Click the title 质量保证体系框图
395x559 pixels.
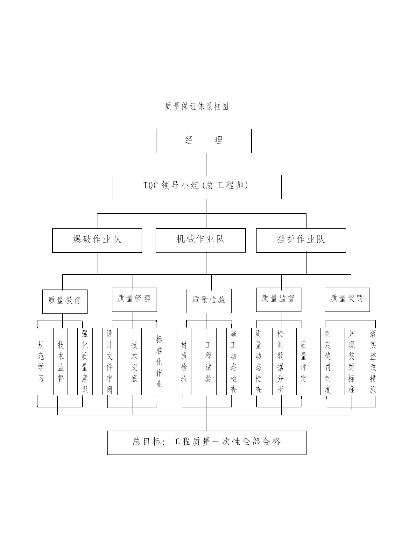click(197, 106)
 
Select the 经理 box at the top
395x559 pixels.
click(204, 141)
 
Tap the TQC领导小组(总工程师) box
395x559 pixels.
click(197, 187)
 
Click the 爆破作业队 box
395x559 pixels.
click(97, 240)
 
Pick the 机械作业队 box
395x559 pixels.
click(201, 240)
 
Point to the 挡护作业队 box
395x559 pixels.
click(301, 240)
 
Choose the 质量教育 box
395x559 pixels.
click(65, 302)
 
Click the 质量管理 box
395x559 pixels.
click(134, 300)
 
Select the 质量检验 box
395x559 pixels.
click(209, 301)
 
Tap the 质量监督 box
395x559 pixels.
click(279, 300)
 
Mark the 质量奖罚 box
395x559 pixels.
click(347, 300)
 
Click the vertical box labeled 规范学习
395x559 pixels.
click(40, 362)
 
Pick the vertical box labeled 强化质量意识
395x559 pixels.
click(85, 362)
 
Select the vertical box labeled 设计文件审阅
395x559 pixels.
click(110, 362)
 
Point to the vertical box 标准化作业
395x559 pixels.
click(159, 362)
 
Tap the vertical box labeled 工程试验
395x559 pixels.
click(209, 362)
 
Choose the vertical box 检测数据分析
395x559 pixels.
click(281, 362)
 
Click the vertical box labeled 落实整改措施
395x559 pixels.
click(373, 362)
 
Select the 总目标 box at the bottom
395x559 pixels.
click(207, 443)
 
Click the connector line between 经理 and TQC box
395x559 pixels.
click(207, 164)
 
